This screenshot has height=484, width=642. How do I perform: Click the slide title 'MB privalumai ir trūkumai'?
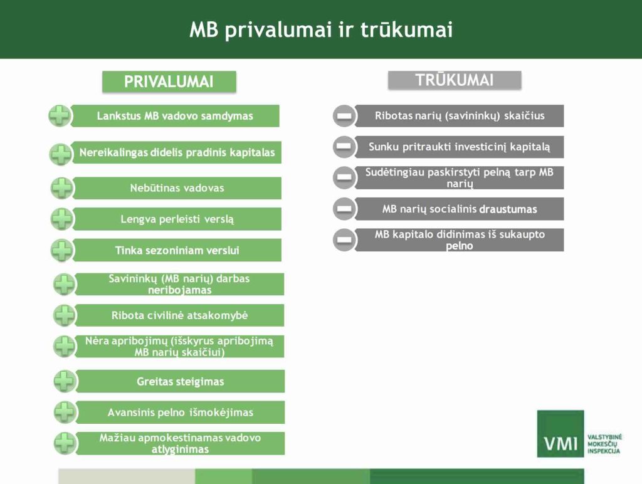pyautogui.click(x=321, y=29)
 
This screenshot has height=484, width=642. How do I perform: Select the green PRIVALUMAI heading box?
pyautogui.click(x=169, y=82)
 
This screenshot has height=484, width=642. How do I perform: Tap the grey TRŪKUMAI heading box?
pyautogui.click(x=455, y=80)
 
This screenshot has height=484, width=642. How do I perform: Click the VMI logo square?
pyautogui.click(x=560, y=433)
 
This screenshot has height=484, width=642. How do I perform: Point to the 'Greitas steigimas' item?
pyautogui.click(x=180, y=381)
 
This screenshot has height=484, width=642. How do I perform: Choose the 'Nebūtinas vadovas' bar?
pyautogui.click(x=177, y=188)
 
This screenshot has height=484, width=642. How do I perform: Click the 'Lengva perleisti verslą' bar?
pyautogui.click(x=177, y=219)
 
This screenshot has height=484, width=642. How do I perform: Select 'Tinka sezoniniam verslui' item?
pyautogui.click(x=177, y=250)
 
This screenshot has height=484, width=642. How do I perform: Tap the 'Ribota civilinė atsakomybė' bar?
pyautogui.click(x=179, y=315)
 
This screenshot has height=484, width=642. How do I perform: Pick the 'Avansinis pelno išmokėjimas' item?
pyautogui.click(x=180, y=413)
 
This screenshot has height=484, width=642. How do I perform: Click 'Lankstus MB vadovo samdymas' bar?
pyautogui.click(x=175, y=116)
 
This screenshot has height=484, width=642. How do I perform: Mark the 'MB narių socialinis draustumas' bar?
pyautogui.click(x=460, y=209)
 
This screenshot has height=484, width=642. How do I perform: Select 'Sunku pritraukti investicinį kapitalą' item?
pyautogui.click(x=460, y=147)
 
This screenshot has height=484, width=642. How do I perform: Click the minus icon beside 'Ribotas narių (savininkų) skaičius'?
pyautogui.click(x=344, y=116)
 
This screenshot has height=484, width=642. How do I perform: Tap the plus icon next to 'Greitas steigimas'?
pyautogui.click(x=65, y=381)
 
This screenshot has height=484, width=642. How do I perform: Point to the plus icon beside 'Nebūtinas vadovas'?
pyautogui.click(x=62, y=188)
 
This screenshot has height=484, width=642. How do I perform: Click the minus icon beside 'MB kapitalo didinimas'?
pyautogui.click(x=344, y=240)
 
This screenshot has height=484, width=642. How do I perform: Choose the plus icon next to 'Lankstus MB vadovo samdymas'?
pyautogui.click(x=60, y=116)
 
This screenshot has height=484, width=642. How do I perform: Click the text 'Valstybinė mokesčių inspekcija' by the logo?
pyautogui.click(x=604, y=445)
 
